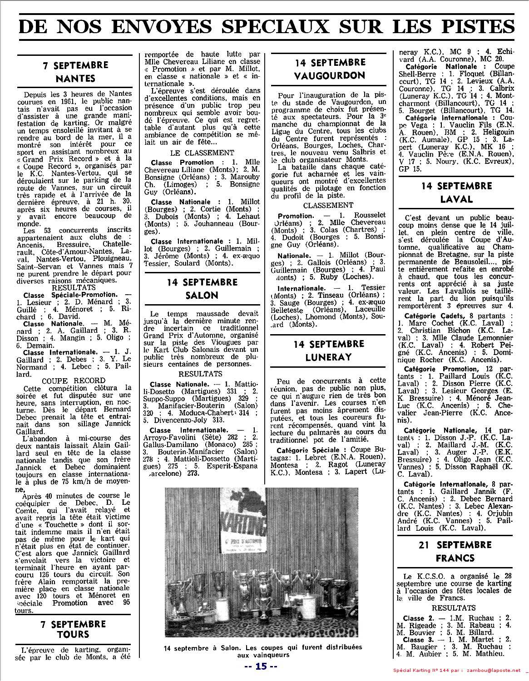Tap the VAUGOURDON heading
click(x=329, y=75)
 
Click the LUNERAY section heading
click(x=329, y=357)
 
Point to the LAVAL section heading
click(x=456, y=199)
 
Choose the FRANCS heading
click(x=455, y=558)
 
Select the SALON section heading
click(x=202, y=295)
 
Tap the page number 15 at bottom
click(x=261, y=666)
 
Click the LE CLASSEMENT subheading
click(x=202, y=153)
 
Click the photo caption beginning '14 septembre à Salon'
click(x=263, y=651)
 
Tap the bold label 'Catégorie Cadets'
click(x=429, y=316)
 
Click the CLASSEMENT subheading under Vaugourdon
click(x=328, y=205)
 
